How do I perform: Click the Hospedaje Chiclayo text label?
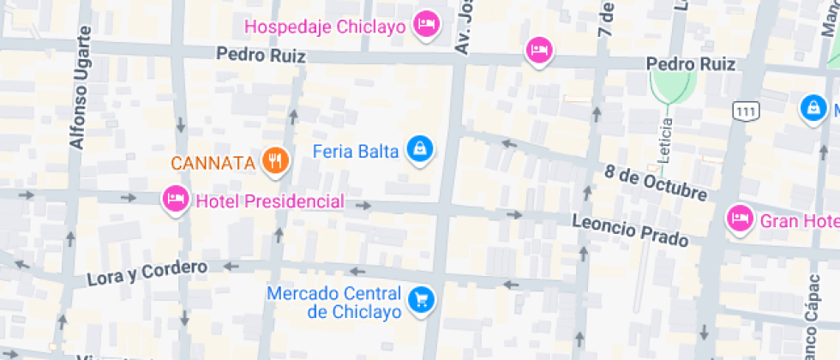325,27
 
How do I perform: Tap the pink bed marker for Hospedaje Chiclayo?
426,23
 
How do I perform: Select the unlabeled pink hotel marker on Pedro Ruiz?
539,51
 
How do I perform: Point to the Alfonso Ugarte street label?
80,99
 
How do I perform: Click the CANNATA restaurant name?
213,162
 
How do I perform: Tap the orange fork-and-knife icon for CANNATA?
274,159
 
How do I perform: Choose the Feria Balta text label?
356,152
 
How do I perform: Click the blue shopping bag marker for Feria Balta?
420,148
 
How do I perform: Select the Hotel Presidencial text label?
270,201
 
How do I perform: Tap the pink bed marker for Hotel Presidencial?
175,200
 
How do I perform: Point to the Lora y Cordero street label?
147,273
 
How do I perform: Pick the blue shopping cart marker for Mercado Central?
421,299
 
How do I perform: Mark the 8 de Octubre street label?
656,182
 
